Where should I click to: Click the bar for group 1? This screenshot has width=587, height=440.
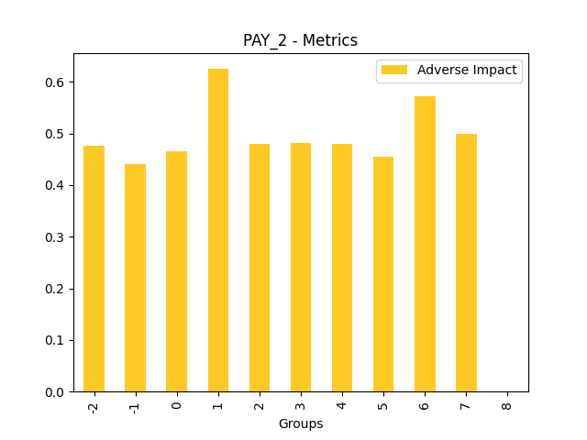click(x=218, y=230)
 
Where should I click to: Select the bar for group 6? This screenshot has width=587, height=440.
click(x=425, y=244)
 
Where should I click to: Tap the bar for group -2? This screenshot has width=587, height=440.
click(x=94, y=269)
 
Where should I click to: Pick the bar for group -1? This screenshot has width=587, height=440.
click(x=135, y=278)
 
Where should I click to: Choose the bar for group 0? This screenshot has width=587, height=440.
click(x=176, y=271)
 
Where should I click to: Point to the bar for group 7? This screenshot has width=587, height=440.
click(x=466, y=263)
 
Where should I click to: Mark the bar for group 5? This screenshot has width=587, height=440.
click(x=383, y=274)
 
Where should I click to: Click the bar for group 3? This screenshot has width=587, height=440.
click(x=301, y=268)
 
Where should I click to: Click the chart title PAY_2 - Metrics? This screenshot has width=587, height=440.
click(x=300, y=40)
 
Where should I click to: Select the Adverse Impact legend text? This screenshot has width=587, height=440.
click(x=467, y=70)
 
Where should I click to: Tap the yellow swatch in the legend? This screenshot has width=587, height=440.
click(x=394, y=70)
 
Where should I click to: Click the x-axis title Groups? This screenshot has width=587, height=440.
click(x=301, y=423)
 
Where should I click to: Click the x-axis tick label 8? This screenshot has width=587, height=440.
click(x=507, y=403)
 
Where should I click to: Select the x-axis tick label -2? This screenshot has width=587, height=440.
click(x=94, y=406)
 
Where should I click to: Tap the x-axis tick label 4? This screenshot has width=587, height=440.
click(x=342, y=403)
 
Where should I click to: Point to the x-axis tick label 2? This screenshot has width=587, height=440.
click(x=260, y=403)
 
